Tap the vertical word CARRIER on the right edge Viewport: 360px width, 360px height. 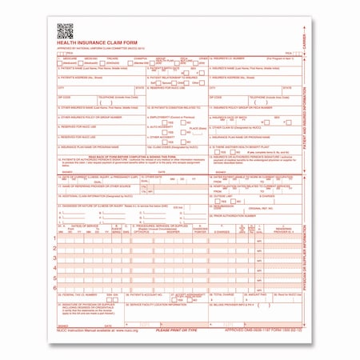(309, 36)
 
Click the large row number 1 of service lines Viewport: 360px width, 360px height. (55, 239)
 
